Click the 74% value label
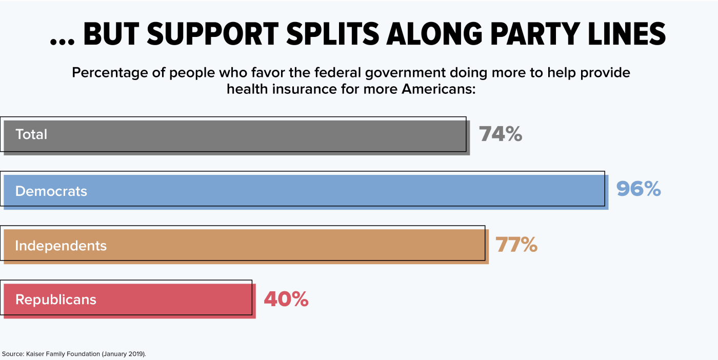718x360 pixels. tap(501, 134)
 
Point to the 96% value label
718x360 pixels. tap(639, 190)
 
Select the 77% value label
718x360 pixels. tap(516, 245)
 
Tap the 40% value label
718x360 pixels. tap(286, 299)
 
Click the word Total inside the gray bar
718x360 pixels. tap(31, 134)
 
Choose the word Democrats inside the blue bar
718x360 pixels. tap(51, 191)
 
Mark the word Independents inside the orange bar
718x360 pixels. tap(61, 246)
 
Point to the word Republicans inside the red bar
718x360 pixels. tap(56, 299)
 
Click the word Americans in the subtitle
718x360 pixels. tap(437, 89)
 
